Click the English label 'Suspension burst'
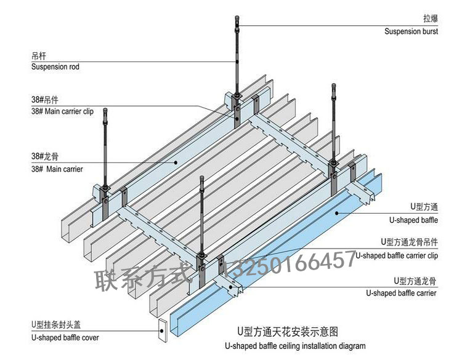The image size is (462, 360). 411,31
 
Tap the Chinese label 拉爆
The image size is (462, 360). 430,18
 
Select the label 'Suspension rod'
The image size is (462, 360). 55,66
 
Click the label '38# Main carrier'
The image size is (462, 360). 57,169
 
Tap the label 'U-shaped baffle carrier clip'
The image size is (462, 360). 397,255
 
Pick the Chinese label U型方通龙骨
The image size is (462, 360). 414,281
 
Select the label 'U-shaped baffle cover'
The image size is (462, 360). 65,337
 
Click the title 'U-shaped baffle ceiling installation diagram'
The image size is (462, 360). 295,346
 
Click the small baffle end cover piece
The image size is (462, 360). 163,330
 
